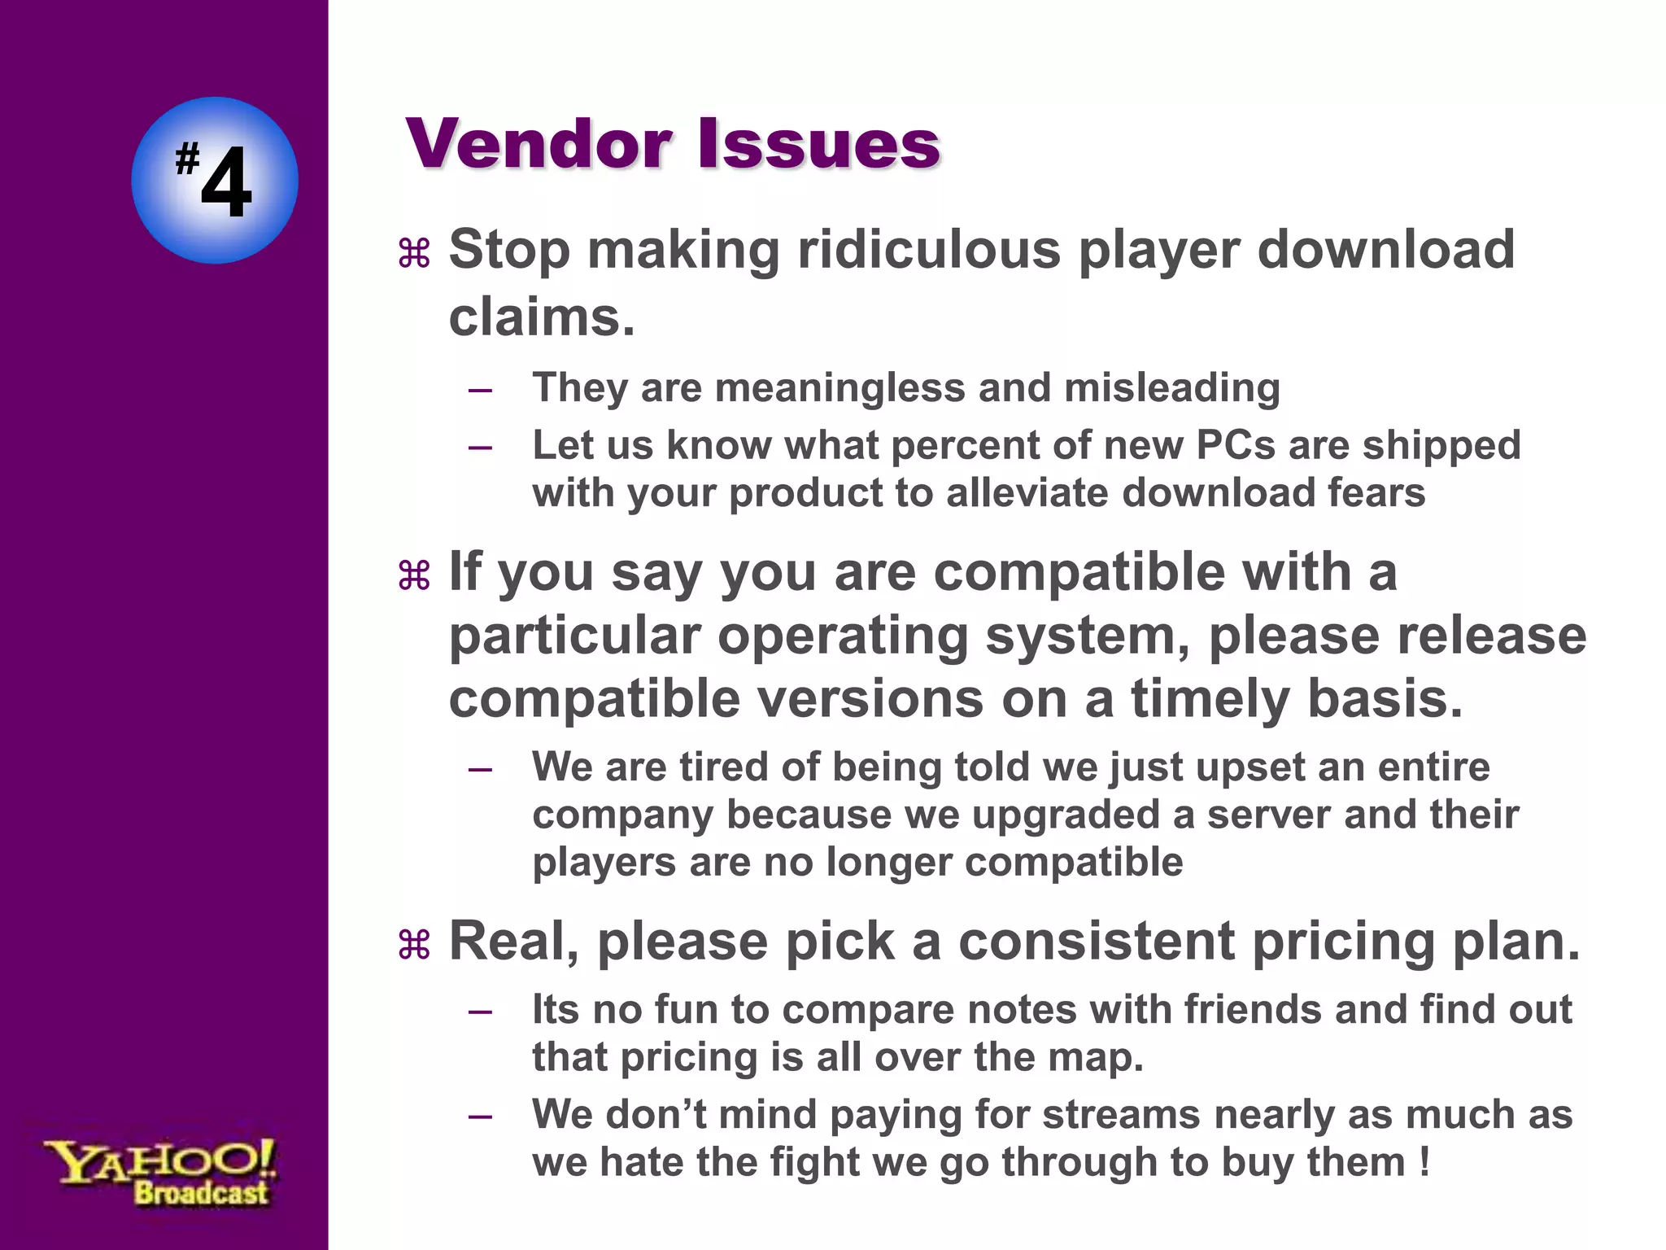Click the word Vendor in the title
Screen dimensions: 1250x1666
click(538, 144)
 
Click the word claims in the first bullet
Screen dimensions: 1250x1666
click(537, 317)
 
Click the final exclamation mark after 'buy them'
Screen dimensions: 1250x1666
click(1424, 1161)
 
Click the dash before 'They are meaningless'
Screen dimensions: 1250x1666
click(481, 390)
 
